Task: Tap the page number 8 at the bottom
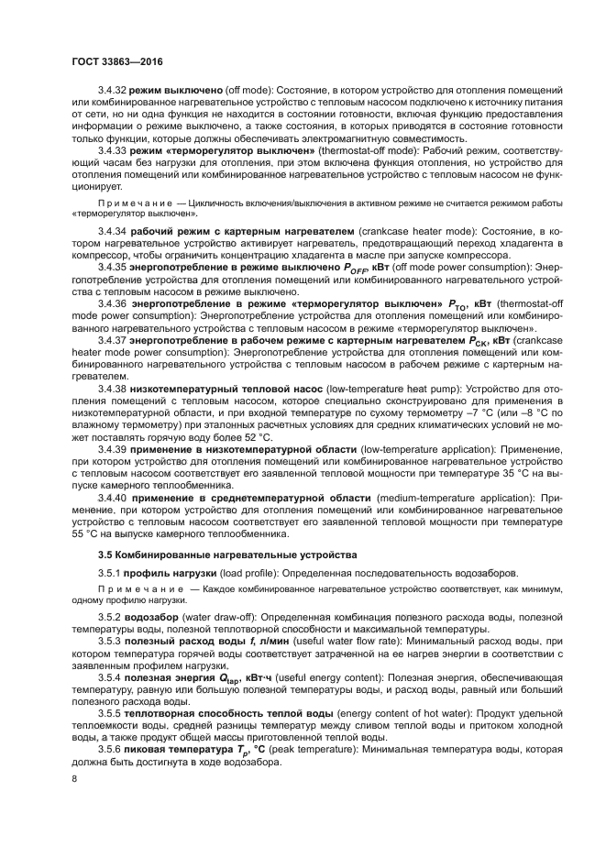tap(74, 780)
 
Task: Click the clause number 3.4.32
tap(112, 93)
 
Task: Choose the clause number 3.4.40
tap(112, 497)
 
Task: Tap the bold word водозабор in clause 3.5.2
tap(155, 618)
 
